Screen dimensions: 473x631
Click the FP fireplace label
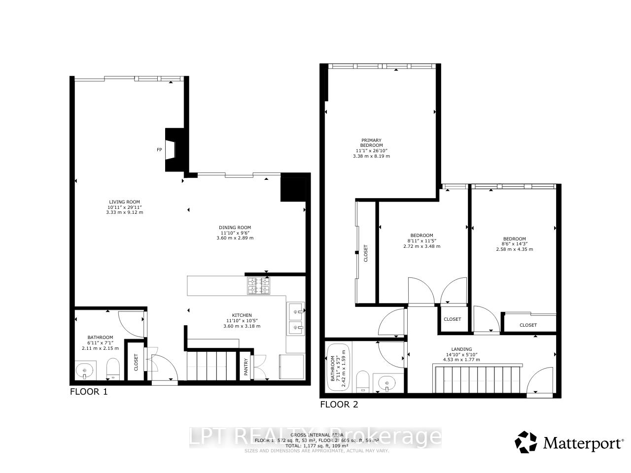[159, 149]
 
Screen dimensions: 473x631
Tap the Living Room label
[124, 202]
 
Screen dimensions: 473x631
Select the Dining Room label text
[235, 227]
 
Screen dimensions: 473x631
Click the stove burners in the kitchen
[259, 286]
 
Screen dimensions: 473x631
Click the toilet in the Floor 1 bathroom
[113, 369]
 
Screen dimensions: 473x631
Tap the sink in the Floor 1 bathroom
[85, 370]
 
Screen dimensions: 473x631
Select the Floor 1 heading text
[89, 392]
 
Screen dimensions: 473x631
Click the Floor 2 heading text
[339, 405]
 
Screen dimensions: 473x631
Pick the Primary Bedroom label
[371, 143]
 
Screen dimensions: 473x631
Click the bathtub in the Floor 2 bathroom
[338, 367]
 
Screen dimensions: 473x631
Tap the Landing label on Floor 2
[461, 349]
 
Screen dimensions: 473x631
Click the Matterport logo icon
[526, 442]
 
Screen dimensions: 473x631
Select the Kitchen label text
[242, 315]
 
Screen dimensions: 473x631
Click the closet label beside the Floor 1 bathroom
[137, 362]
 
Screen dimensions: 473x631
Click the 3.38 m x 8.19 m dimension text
[371, 156]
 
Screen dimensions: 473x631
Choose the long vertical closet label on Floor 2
[366, 254]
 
